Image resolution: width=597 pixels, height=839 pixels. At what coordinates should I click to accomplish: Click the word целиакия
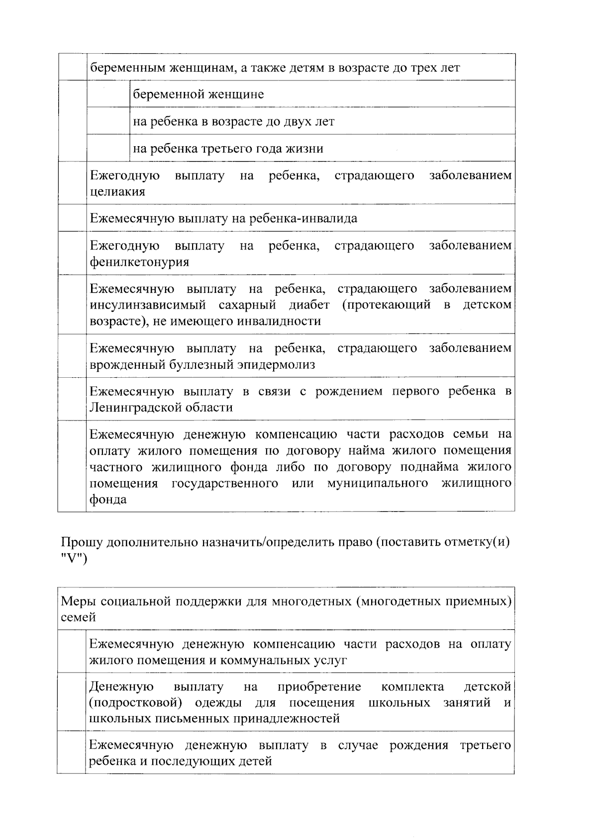pos(117,192)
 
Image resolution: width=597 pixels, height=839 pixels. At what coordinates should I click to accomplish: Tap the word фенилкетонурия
pos(139,262)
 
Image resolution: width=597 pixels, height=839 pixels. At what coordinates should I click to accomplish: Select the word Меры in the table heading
pos(78,601)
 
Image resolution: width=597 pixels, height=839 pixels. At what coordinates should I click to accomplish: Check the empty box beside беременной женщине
pos(108,94)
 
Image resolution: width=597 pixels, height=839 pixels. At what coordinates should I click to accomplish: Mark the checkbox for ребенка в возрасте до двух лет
pos(108,121)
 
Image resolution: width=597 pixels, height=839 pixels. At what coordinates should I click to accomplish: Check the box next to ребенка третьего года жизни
pos(108,148)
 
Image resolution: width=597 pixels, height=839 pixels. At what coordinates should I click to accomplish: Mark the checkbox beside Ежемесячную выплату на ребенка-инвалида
pos(72,218)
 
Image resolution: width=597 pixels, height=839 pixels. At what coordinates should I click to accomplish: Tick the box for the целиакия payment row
pos(72,183)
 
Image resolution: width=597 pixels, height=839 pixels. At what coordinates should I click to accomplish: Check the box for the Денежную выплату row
pos(72,702)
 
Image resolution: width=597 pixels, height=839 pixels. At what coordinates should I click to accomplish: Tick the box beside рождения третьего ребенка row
pos(72,753)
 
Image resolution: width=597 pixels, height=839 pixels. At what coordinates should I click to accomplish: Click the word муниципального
pos(378,484)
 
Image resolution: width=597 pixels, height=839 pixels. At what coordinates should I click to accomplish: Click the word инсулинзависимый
pos(147,305)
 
